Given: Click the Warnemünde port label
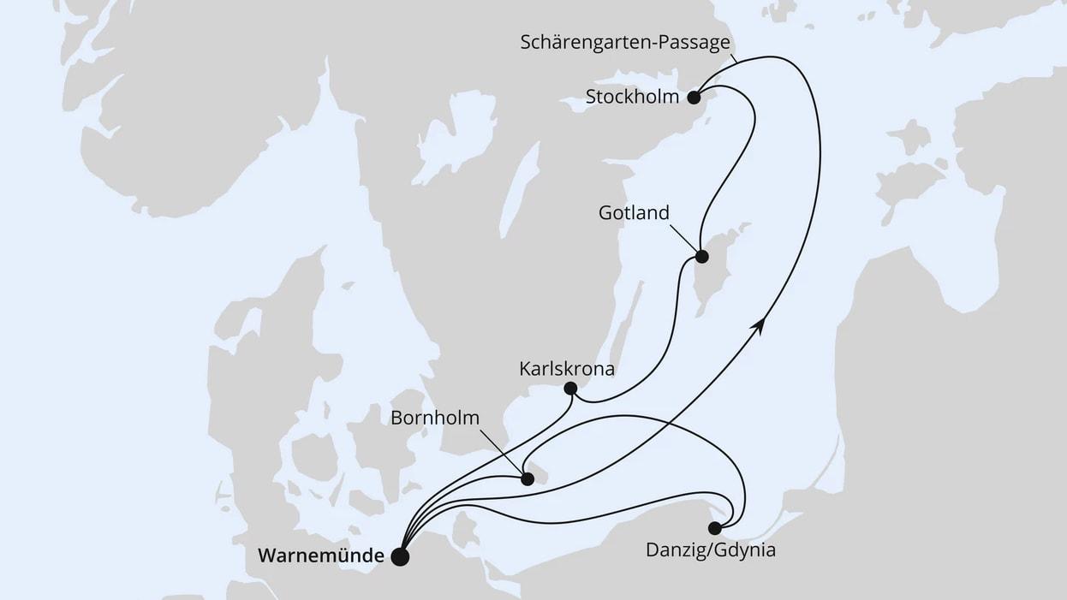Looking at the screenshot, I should (x=321, y=556).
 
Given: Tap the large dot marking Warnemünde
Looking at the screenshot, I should (x=399, y=557).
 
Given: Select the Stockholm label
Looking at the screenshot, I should (x=632, y=97).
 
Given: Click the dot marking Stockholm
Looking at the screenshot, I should (x=694, y=97).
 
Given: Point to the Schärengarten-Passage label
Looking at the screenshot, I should (x=625, y=42).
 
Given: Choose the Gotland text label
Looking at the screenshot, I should (x=634, y=212).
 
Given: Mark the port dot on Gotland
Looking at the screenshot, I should (x=701, y=256).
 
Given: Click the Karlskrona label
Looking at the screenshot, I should (x=567, y=369).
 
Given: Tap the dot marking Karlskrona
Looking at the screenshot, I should (x=570, y=389).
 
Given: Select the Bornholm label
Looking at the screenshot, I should (x=435, y=418).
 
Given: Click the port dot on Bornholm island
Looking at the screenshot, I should (x=528, y=479).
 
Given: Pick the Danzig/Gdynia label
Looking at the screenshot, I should (x=711, y=550).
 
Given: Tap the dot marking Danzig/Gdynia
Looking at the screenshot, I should (x=714, y=528).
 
